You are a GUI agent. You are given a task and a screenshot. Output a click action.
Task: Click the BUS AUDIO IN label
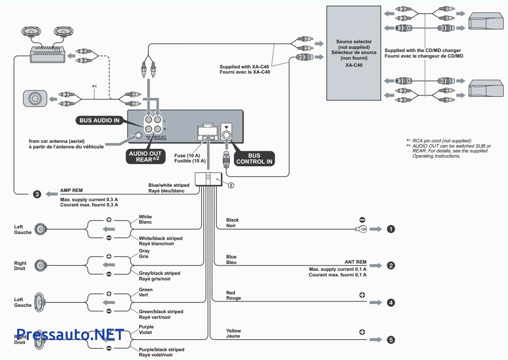[100, 120]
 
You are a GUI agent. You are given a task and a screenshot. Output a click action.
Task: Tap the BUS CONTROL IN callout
[254, 159]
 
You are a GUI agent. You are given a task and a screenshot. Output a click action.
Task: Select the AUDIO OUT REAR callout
[145, 156]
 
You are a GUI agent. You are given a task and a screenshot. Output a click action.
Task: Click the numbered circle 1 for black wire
[390, 229]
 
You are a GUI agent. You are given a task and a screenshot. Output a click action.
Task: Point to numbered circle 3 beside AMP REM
[37, 194]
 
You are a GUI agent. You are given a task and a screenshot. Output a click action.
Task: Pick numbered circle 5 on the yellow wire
[390, 340]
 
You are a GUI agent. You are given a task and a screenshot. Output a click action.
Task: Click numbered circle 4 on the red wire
[390, 303]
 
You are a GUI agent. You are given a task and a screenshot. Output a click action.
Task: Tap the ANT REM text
[355, 262]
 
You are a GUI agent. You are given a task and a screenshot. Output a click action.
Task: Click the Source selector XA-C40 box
[354, 53]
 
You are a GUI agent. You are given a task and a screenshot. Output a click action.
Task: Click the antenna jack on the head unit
[139, 135]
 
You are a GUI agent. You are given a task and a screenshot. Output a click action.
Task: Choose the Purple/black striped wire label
[161, 349]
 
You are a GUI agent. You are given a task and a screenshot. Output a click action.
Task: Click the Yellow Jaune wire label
[234, 333]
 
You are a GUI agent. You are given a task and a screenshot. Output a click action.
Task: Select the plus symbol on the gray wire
[109, 256]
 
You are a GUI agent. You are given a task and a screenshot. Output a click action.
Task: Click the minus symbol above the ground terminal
[362, 220]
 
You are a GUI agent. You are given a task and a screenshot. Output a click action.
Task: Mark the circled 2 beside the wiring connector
[230, 185]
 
